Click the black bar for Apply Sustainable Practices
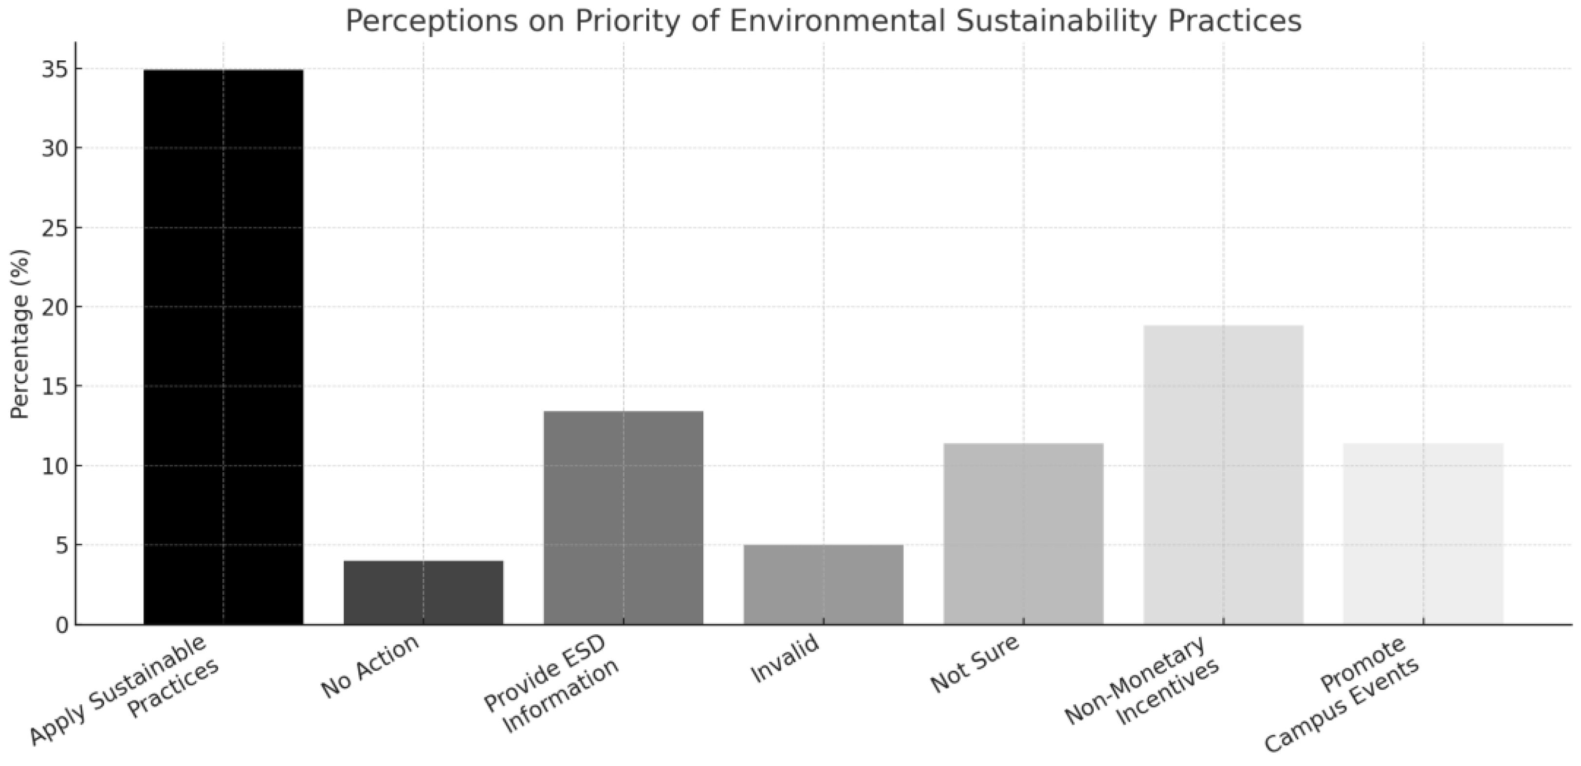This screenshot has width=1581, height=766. (223, 347)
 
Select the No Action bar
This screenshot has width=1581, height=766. (423, 592)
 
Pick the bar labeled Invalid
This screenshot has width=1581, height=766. (824, 585)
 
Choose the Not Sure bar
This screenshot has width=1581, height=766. (1024, 534)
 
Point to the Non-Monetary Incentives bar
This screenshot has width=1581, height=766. (1224, 475)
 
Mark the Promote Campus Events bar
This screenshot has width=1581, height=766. (1423, 534)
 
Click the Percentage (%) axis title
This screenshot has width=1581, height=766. (20, 334)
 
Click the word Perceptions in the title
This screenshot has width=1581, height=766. (433, 22)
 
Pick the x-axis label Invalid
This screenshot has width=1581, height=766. (786, 659)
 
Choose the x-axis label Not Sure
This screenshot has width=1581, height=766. (975, 663)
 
